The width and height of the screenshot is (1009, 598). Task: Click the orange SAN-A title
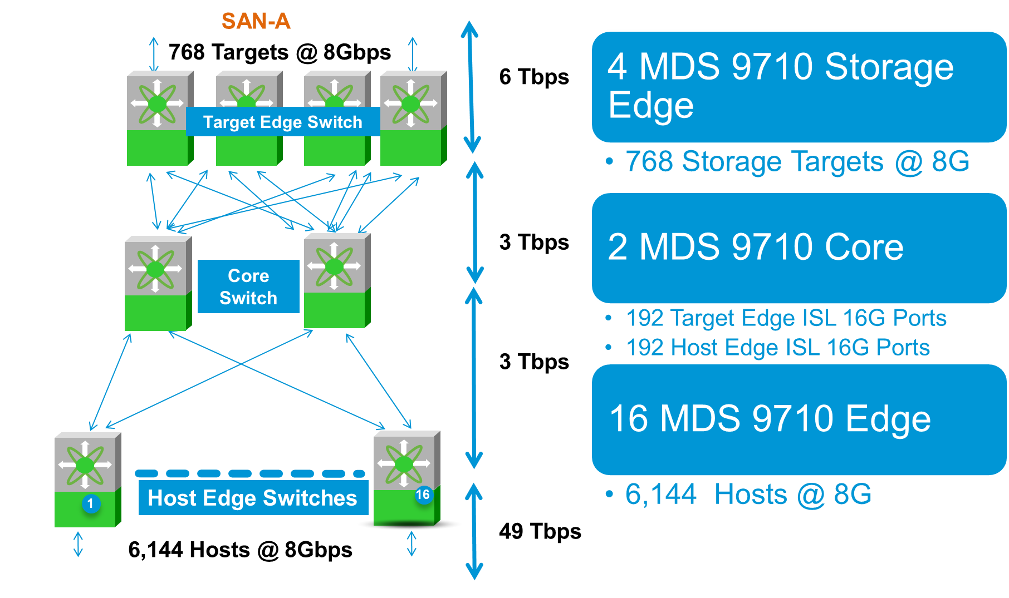point(256,21)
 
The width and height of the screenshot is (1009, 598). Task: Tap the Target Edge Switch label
point(282,122)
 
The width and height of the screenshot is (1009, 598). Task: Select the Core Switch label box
point(248,286)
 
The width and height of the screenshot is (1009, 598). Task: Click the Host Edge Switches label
point(253,498)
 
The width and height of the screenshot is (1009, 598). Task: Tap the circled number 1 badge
point(91,503)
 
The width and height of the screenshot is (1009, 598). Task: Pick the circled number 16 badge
point(423,495)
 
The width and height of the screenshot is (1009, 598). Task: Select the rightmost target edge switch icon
point(413,118)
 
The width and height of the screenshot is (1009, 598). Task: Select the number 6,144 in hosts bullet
point(660,494)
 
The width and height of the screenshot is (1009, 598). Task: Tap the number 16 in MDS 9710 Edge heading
point(628,418)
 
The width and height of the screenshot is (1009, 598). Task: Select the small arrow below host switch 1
point(78,544)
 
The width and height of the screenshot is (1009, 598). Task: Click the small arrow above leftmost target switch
point(154,54)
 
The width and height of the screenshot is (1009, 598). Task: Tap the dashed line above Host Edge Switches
point(249,473)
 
